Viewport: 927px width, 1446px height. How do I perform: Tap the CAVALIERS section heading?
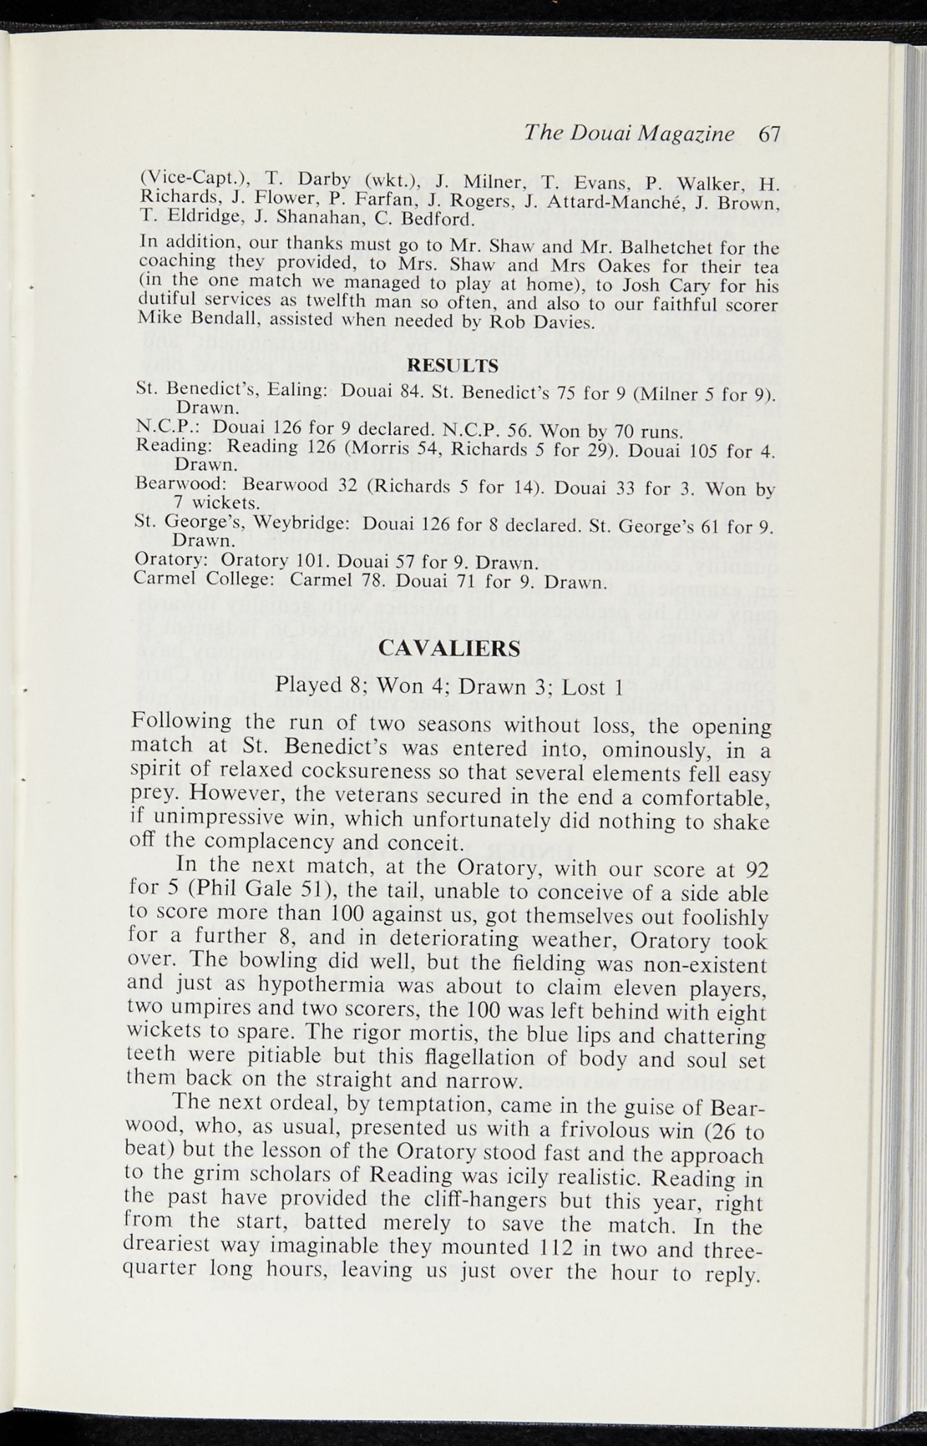click(x=450, y=647)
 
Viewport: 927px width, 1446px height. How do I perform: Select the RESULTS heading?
click(x=454, y=366)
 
